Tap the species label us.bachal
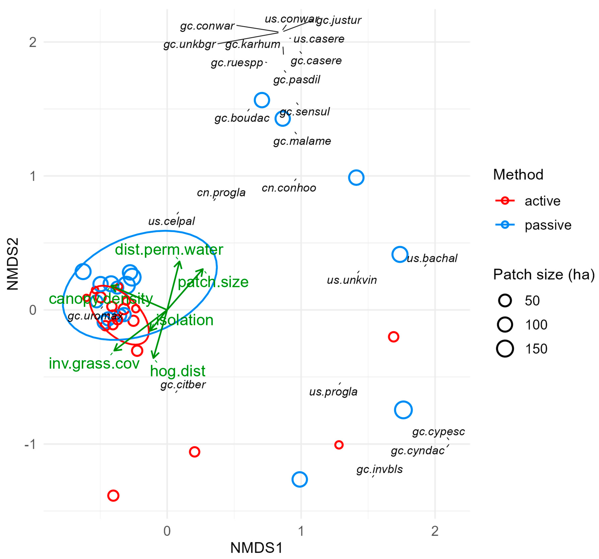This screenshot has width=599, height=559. pos(432,258)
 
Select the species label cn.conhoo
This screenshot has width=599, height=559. pos(289,188)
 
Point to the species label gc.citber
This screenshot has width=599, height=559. pos(183,385)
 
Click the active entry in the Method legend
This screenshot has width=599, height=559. pos(542,201)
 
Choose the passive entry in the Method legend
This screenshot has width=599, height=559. pos(548,225)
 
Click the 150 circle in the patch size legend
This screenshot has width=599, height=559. pos(505,349)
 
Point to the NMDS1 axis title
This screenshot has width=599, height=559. pos(256,547)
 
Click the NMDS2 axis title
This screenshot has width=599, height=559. pos(13,264)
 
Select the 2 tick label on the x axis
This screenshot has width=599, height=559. pos(435,531)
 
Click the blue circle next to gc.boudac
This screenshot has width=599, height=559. pos(262,100)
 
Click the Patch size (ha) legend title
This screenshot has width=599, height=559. pos(544,275)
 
